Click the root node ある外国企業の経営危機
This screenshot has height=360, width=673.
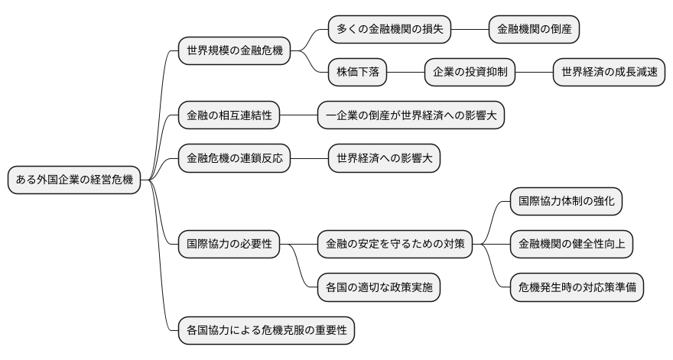[73, 180]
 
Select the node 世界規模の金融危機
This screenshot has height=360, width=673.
[234, 51]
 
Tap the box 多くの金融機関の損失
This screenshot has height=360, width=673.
[389, 29]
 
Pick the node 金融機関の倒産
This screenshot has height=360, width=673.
[534, 29]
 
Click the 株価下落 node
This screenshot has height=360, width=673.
[358, 73]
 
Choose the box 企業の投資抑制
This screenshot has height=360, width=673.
[470, 73]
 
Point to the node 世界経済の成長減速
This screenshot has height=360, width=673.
[608, 73]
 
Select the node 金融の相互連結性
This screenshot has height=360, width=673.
[229, 115]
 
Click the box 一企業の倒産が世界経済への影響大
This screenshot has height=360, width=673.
[411, 115]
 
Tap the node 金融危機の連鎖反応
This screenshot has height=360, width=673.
[234, 159]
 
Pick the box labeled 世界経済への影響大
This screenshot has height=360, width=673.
[384, 159]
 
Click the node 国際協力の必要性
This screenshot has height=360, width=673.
[229, 245]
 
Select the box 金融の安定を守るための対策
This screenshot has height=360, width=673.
[395, 245]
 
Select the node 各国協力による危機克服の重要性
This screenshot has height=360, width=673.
[267, 331]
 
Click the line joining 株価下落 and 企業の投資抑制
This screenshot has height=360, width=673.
[406, 73]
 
